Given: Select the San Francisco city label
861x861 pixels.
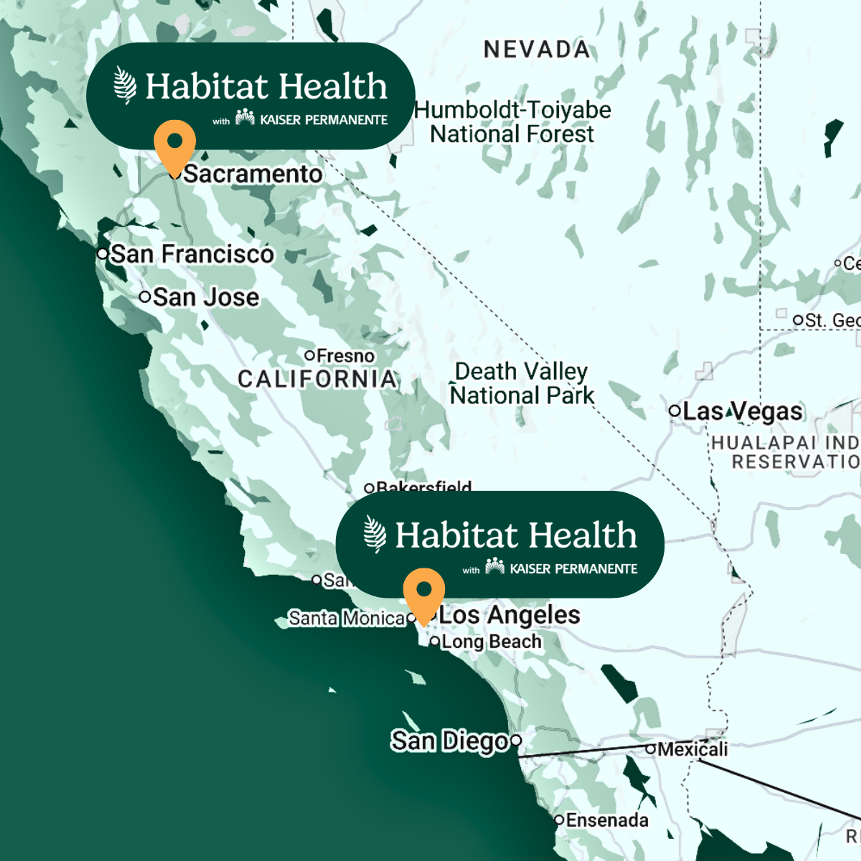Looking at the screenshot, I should click(192, 254).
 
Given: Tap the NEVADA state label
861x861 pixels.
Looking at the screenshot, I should click(537, 50).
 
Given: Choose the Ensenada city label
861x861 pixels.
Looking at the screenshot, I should click(607, 820).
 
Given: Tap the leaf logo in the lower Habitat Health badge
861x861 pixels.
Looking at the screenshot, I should click(374, 534).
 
